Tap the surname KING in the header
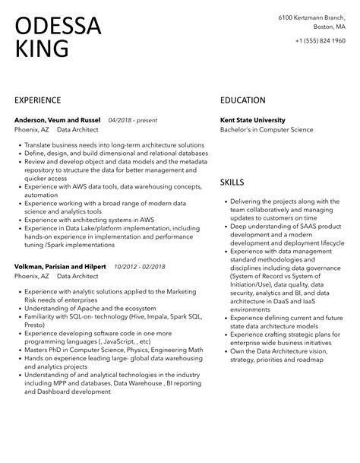click(x=41, y=49)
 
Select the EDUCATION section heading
click(x=242, y=100)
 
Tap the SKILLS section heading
click(x=232, y=182)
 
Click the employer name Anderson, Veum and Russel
click(x=58, y=120)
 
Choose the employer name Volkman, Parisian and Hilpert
click(x=61, y=266)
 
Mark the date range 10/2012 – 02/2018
click(x=141, y=266)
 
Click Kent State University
click(x=253, y=120)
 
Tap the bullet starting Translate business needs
click(x=114, y=144)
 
